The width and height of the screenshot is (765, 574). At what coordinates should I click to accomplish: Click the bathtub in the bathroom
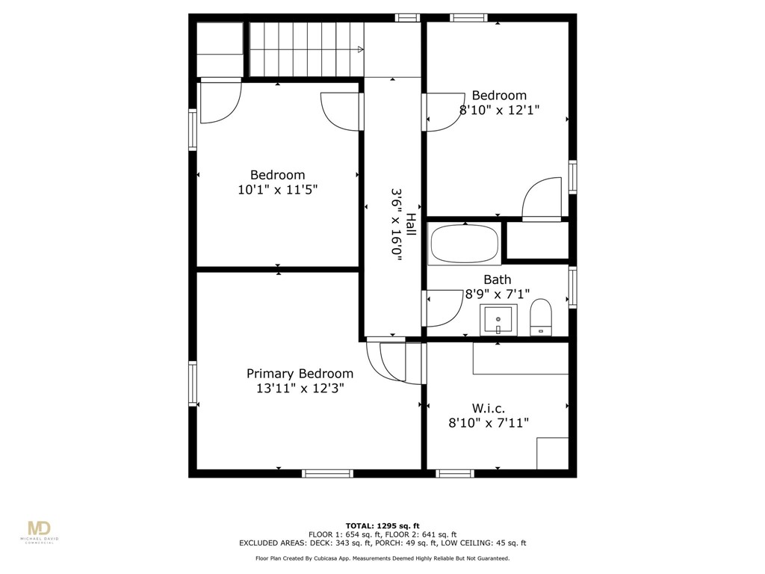[x=464, y=244]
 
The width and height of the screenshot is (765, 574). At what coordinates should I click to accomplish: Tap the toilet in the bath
[x=539, y=317]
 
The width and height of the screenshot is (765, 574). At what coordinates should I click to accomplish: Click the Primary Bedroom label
[x=300, y=374]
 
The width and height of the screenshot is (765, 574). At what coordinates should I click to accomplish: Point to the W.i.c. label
[x=489, y=408]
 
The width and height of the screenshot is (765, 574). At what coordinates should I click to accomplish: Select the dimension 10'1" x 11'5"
[x=278, y=190]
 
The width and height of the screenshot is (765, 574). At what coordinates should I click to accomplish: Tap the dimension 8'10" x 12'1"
[x=499, y=109]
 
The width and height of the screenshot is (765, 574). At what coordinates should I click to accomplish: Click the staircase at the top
[x=305, y=49]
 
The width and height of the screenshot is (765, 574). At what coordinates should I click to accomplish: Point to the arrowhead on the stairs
[x=361, y=50]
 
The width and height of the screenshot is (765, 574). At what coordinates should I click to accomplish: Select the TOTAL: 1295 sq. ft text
[x=382, y=525]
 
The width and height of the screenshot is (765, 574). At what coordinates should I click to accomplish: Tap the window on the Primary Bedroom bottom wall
[x=327, y=472]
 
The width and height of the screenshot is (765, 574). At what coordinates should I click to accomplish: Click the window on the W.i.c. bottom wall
[x=454, y=472]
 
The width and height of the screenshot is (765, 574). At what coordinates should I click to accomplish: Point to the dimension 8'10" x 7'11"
[x=489, y=423]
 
